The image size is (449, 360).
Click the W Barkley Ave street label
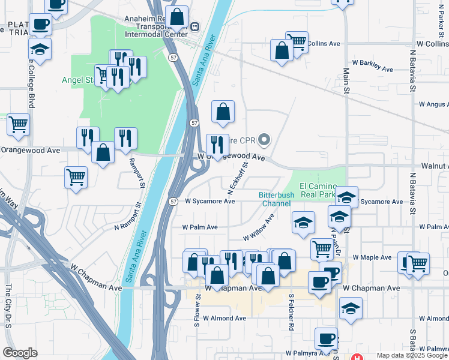(x=372, y=70)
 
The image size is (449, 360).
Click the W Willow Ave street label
(x=258, y=228)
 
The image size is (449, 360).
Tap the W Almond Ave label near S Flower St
(x=224, y=318)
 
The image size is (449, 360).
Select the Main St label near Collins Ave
(x=346, y=79)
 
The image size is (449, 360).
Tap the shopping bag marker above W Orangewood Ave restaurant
(x=223, y=112)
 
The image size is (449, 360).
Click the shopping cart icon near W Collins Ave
(x=297, y=41)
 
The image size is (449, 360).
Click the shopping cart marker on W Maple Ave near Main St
(x=322, y=248)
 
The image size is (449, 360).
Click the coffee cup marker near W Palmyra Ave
(x=326, y=338)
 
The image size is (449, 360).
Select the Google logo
(x=20, y=353)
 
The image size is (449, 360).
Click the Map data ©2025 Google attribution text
(x=412, y=355)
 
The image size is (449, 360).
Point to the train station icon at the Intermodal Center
(x=194, y=26)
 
